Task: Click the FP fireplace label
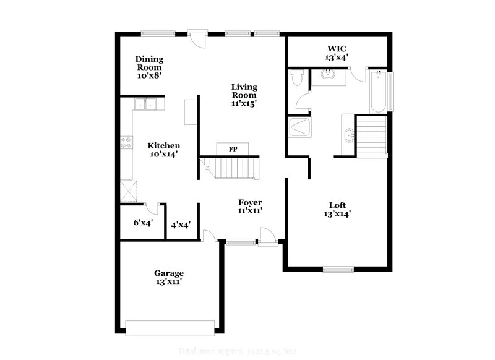click(x=233, y=150)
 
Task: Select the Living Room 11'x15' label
click(x=244, y=95)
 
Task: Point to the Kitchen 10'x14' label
click(x=164, y=150)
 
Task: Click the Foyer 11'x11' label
click(x=251, y=207)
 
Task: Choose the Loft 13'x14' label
click(x=337, y=210)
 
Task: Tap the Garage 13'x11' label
click(x=169, y=277)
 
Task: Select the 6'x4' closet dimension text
click(x=143, y=222)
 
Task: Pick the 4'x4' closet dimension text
click(x=181, y=225)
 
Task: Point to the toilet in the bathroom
click(x=296, y=78)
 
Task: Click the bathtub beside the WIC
click(x=377, y=91)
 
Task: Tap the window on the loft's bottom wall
click(x=338, y=269)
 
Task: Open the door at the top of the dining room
click(x=197, y=38)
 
